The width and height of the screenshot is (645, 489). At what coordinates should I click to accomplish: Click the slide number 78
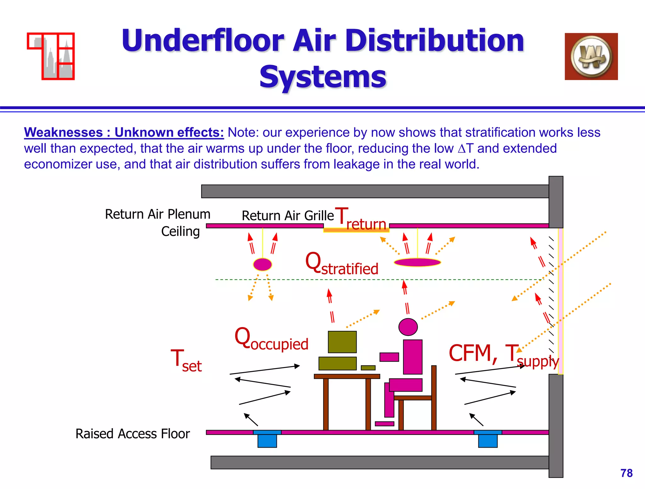(626, 473)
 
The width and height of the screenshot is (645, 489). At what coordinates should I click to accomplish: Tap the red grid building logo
(51, 56)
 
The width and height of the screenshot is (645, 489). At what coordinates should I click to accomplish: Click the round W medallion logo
(591, 56)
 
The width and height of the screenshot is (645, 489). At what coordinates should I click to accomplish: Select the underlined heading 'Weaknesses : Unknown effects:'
(124, 133)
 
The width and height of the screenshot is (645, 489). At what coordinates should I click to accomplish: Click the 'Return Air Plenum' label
(157, 214)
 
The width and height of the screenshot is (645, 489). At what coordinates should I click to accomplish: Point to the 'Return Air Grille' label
(288, 216)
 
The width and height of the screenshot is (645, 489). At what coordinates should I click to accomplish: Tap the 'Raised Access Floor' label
(133, 434)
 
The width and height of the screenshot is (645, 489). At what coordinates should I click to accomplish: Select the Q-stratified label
(341, 264)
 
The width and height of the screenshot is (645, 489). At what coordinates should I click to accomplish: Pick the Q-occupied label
(271, 339)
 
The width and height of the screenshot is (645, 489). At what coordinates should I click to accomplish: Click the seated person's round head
(408, 327)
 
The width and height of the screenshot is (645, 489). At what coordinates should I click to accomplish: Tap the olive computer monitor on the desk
(342, 342)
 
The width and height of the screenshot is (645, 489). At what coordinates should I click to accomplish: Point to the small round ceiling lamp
(262, 264)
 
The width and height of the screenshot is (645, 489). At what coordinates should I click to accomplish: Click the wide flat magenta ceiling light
(417, 262)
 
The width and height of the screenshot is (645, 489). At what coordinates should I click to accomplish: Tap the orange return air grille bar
(356, 230)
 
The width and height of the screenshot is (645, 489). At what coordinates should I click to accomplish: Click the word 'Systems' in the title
(323, 77)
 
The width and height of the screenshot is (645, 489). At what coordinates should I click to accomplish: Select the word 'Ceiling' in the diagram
(180, 232)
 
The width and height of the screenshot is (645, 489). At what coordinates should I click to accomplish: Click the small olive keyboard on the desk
(368, 368)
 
